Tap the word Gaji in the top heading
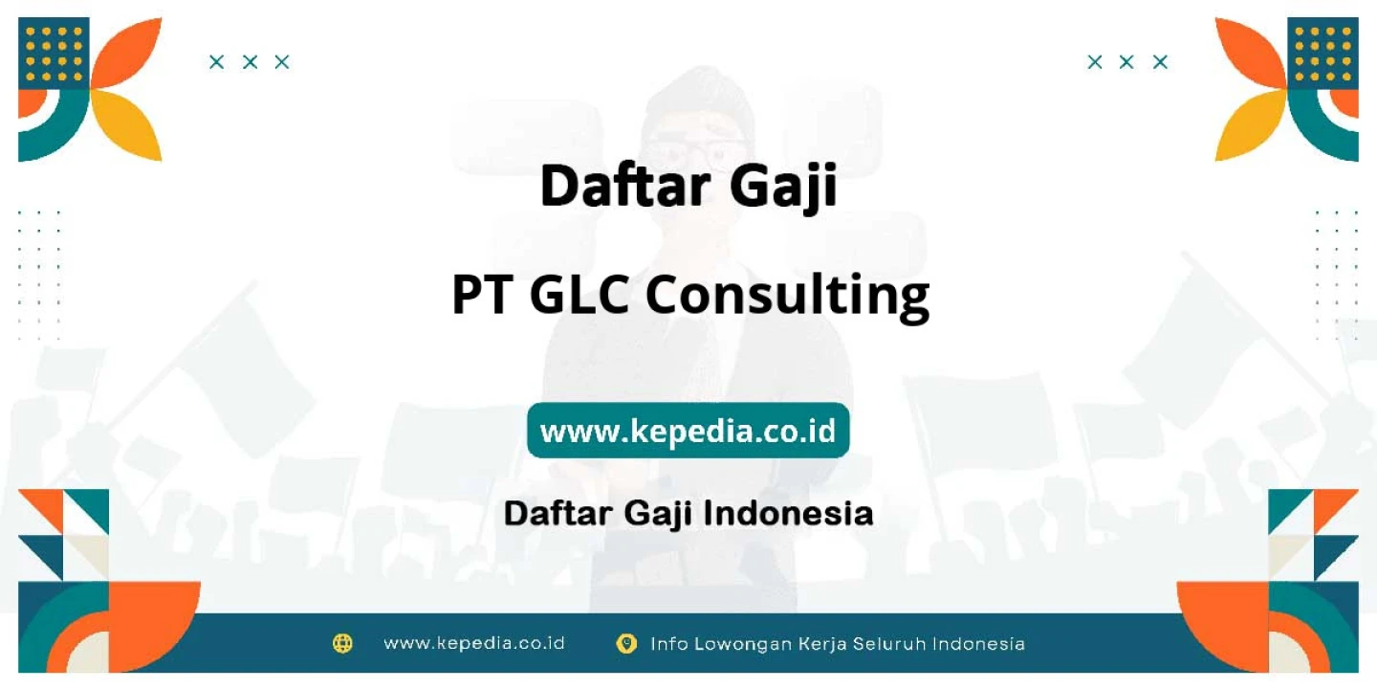click(784, 188)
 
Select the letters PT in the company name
click(482, 295)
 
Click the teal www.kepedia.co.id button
click(688, 430)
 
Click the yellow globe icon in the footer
click(342, 643)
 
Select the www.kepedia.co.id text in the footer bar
click(474, 643)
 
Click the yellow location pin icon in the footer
click(626, 643)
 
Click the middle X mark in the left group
click(250, 62)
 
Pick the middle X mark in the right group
click(1126, 62)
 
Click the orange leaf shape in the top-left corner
click(127, 53)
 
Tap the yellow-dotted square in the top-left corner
click(55, 54)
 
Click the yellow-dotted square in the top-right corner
click(1322, 54)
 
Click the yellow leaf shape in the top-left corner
click(127, 125)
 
